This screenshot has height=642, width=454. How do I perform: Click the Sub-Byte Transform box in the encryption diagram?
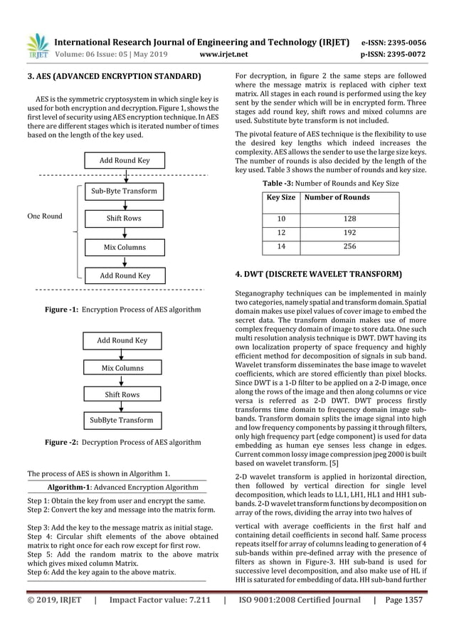[x=125, y=191]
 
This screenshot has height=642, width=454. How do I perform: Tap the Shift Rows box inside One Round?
[x=124, y=218]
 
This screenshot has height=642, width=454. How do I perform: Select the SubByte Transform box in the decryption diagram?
[x=121, y=420]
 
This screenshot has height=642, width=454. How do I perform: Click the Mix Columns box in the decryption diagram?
[x=122, y=368]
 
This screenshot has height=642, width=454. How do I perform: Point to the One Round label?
[x=45, y=216]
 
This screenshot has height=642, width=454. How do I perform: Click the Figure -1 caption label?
[x=62, y=310]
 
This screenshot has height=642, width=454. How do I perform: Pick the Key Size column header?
[x=281, y=197]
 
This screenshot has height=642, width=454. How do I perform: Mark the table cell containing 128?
[x=349, y=219]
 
